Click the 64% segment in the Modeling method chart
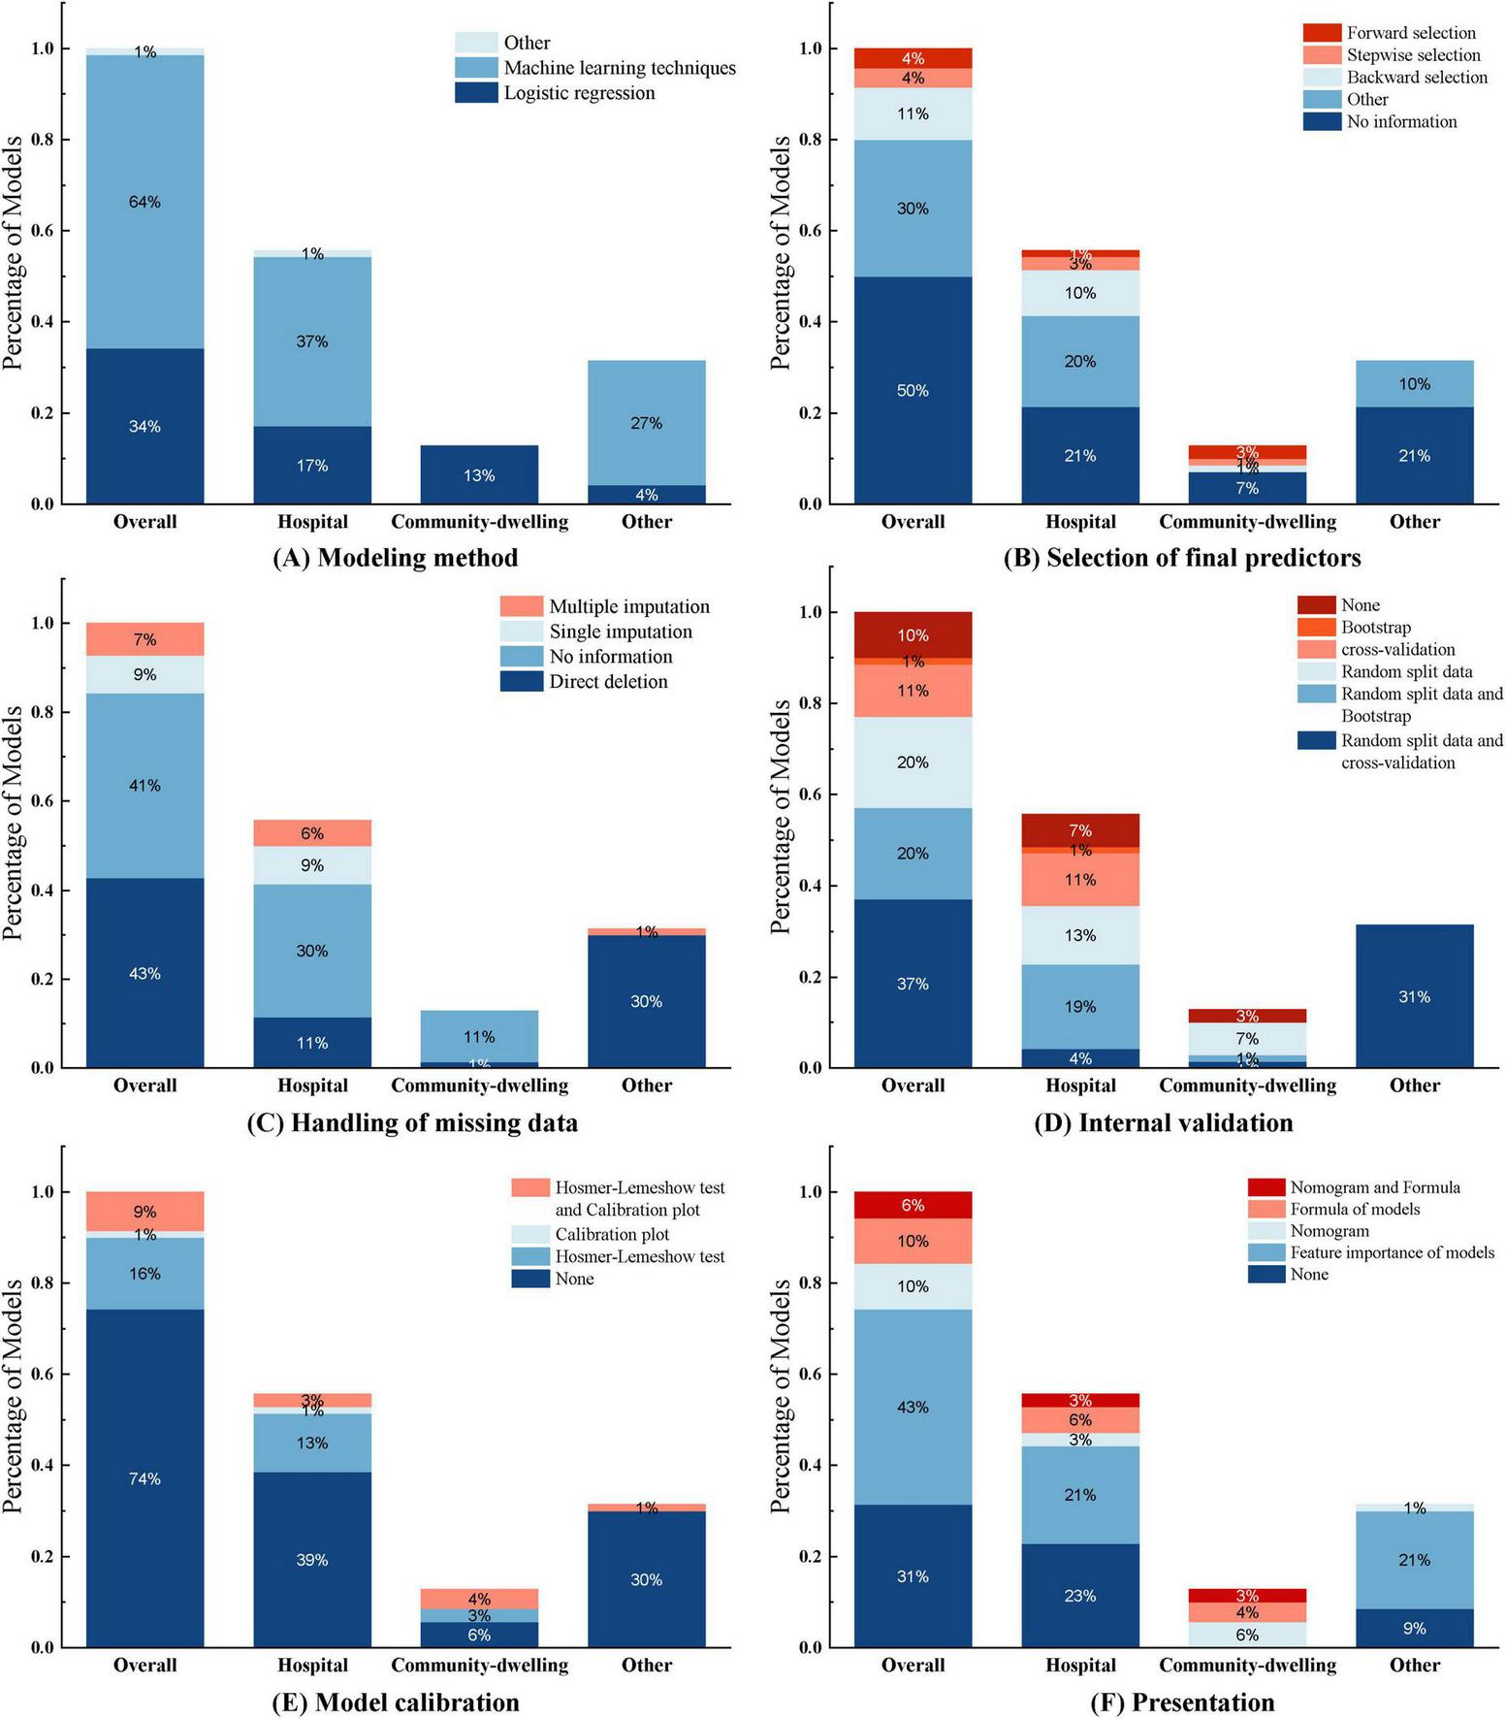144,202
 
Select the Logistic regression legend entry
579,93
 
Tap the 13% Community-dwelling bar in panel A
479,474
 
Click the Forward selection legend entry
1410,33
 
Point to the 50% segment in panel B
913,390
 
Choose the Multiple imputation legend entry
628,606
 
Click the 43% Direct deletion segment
144,973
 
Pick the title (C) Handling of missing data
412,1122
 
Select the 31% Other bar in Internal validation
1414,996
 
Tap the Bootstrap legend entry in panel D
1375,628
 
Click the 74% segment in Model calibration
144,1478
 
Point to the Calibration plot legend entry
611,1234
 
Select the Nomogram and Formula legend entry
1374,1187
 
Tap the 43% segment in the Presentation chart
913,1407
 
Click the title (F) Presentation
1182,1702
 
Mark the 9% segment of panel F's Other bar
1414,1628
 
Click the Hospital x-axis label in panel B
1080,522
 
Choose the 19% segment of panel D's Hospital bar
1080,1006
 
